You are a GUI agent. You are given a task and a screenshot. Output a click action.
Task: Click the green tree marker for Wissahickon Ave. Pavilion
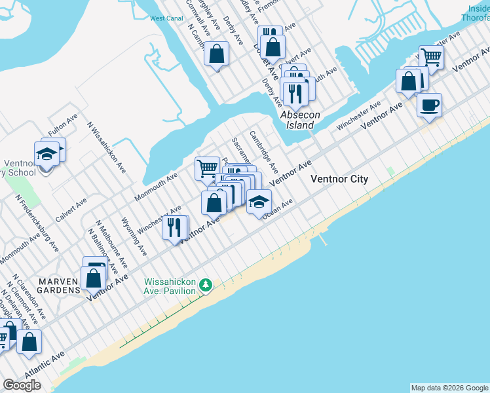[206, 285]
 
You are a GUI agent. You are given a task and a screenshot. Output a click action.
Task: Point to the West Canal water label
[166, 18]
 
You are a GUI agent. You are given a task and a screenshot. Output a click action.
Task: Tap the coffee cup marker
[429, 105]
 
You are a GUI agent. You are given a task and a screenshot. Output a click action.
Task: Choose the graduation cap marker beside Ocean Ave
[259, 202]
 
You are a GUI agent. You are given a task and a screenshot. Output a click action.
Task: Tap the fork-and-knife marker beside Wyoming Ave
[174, 228]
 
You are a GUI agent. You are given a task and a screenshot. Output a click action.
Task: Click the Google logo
[22, 385]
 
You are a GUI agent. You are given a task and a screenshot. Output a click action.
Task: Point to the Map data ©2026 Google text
[449, 388]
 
